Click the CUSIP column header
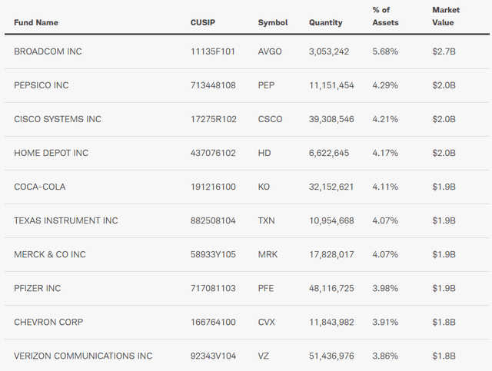[x=204, y=22]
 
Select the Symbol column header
[x=273, y=22]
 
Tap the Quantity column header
[x=326, y=22]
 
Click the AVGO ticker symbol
[x=271, y=51]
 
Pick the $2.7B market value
[x=444, y=51]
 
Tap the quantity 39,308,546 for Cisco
[x=331, y=119]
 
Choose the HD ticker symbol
[x=264, y=153]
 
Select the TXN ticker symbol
[x=267, y=220]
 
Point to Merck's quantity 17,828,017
[x=331, y=254]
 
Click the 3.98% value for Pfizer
[x=384, y=288]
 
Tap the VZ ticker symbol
[x=264, y=356]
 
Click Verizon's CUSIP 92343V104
[x=214, y=356]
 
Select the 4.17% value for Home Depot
[x=384, y=153]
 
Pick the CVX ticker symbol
[x=267, y=322]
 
